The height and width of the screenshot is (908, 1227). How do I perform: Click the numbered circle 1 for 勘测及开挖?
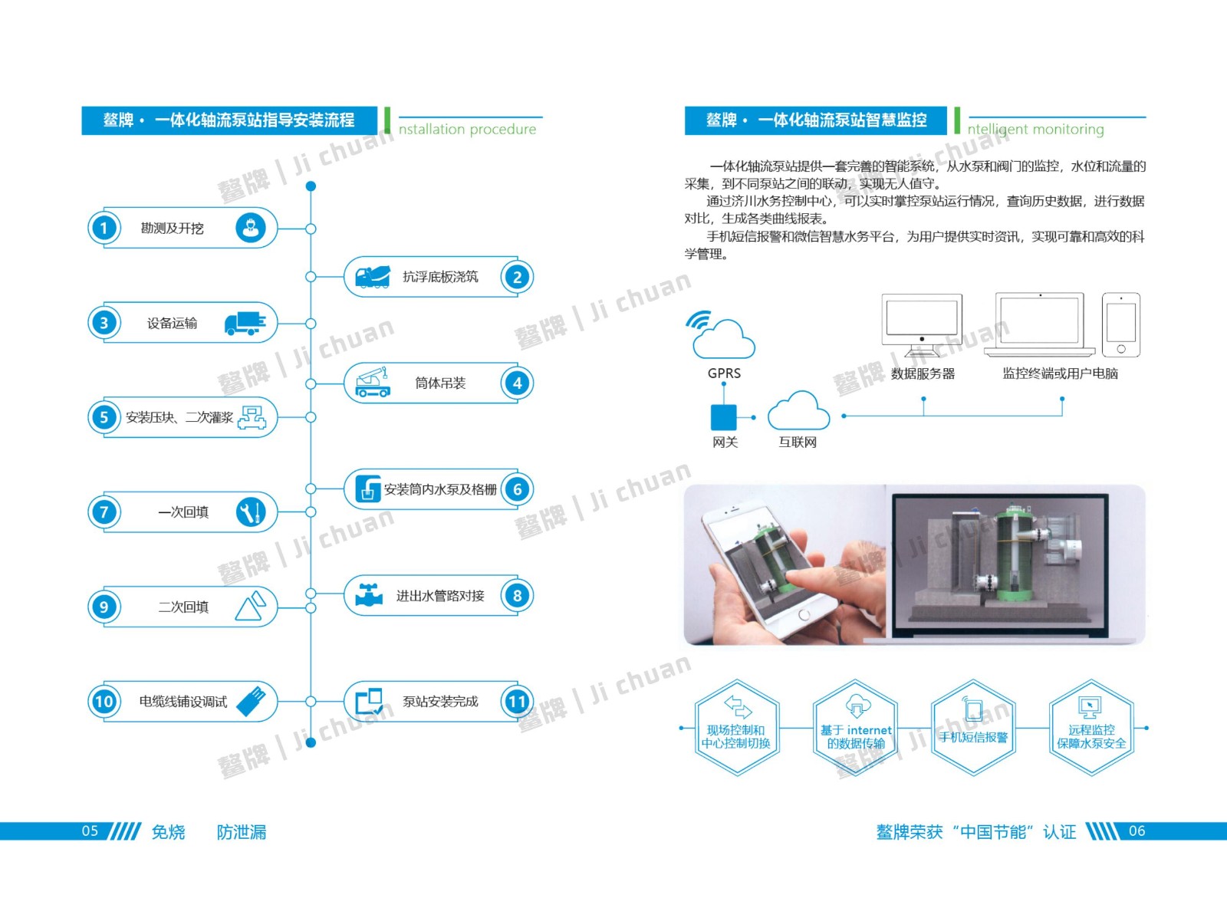tap(104, 228)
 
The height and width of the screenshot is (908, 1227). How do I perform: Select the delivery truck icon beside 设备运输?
tap(245, 323)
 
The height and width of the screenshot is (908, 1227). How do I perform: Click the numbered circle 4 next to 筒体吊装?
tap(518, 383)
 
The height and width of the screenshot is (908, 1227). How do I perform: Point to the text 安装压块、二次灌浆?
tap(179, 418)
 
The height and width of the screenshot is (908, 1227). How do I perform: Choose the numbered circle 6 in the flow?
tap(518, 489)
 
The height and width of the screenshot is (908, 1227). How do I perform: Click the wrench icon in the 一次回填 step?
tap(251, 512)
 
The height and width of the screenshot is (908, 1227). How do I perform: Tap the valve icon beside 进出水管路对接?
tap(369, 595)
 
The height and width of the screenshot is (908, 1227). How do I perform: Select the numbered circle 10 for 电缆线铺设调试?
tap(104, 701)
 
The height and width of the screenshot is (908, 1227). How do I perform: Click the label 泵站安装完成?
tap(440, 702)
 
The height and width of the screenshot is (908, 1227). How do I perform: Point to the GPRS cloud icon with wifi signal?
tap(722, 335)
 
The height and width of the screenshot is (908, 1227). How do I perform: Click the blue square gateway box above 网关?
tap(723, 417)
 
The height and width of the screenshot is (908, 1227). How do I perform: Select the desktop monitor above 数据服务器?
tap(922, 324)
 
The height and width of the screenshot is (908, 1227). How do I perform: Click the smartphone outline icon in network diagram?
tap(1121, 324)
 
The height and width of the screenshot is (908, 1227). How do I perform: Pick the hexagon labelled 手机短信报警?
tap(973, 729)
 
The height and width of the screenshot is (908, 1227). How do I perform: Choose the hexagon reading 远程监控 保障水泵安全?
tap(1091, 729)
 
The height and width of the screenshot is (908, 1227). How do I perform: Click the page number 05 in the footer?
tap(90, 831)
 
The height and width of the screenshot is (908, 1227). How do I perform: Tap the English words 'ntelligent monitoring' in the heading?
tap(1035, 130)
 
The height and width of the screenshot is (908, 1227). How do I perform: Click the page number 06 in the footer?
tap(1137, 831)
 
